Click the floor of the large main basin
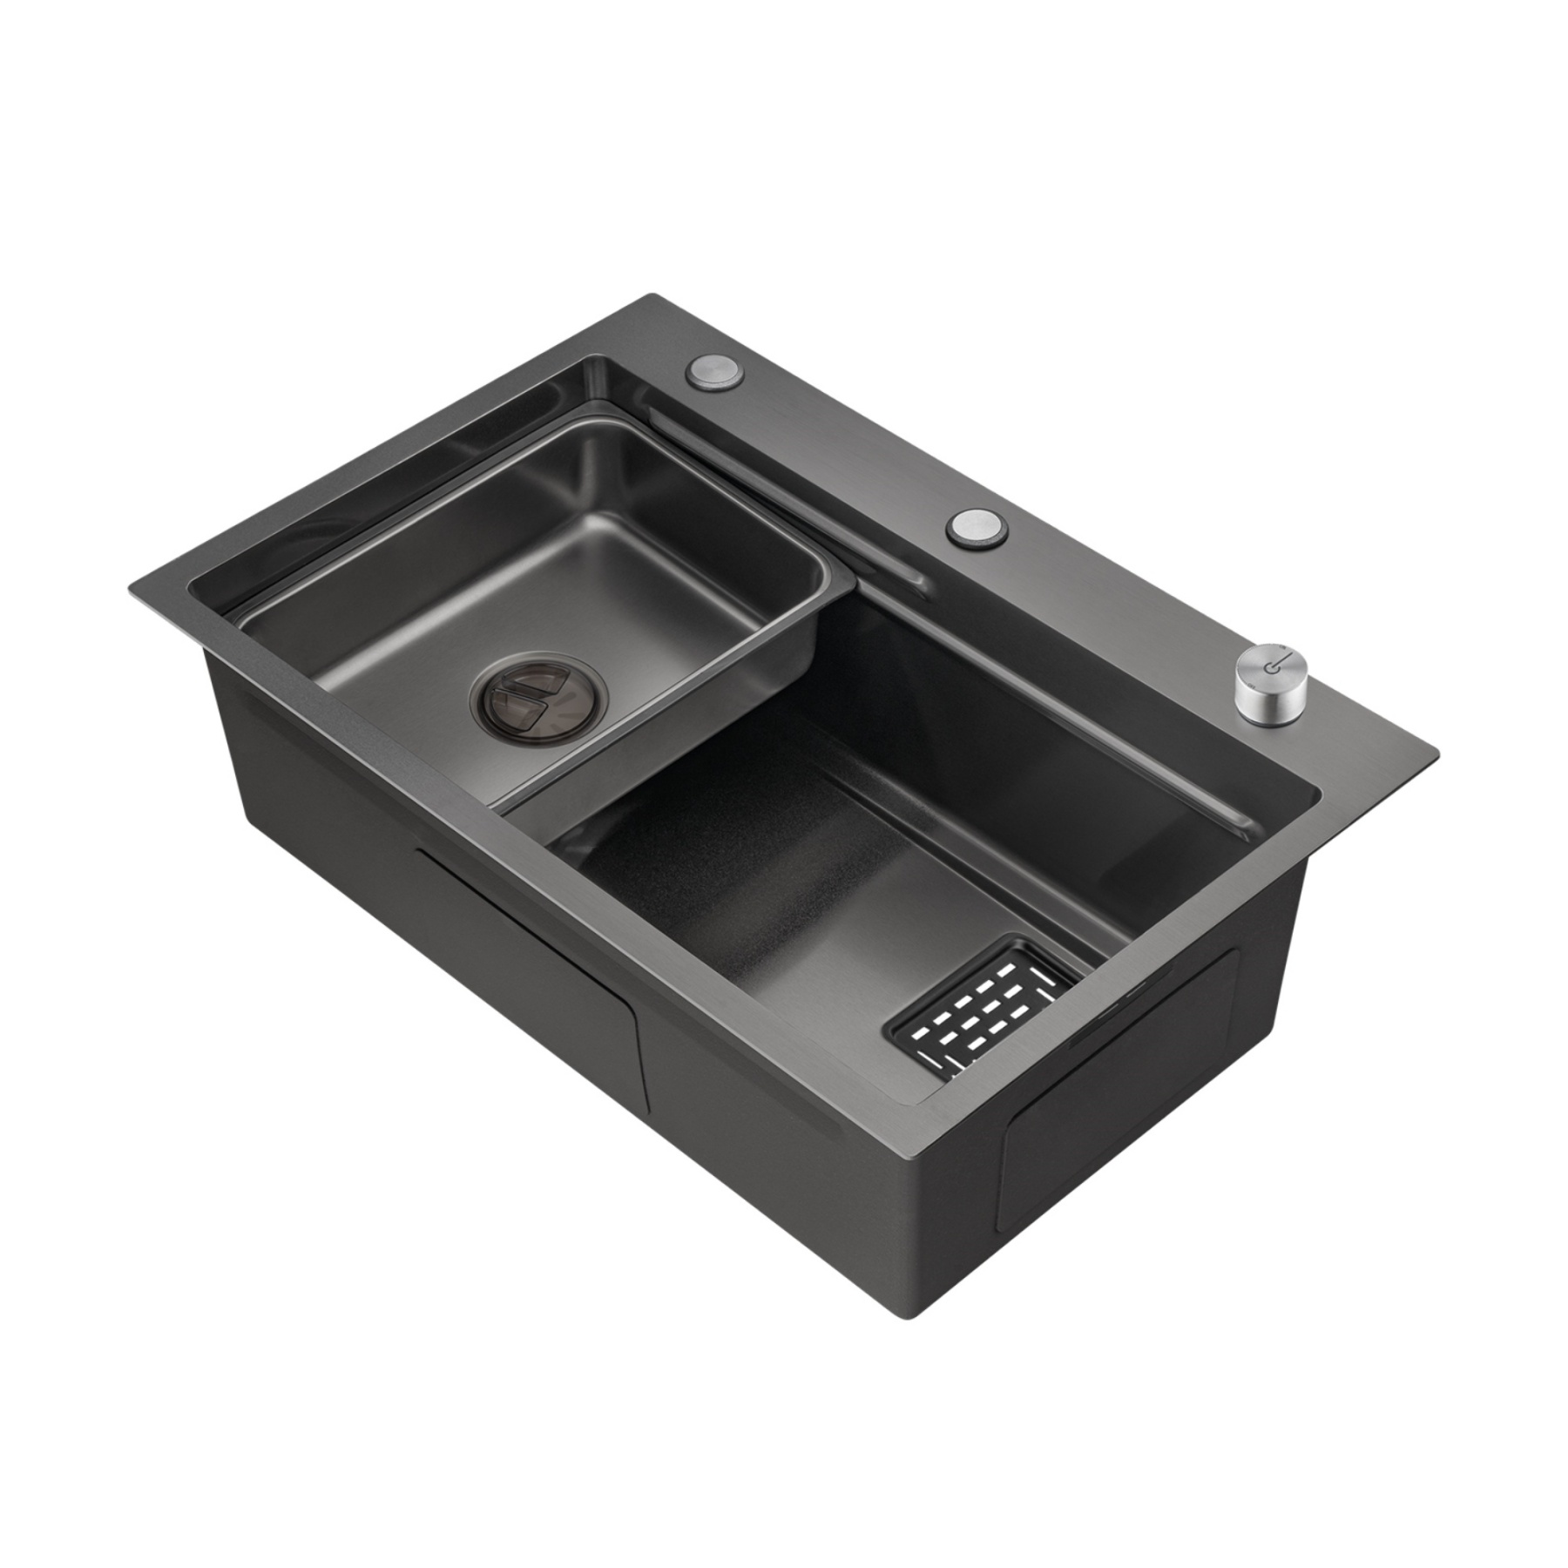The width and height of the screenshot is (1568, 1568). (784, 923)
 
